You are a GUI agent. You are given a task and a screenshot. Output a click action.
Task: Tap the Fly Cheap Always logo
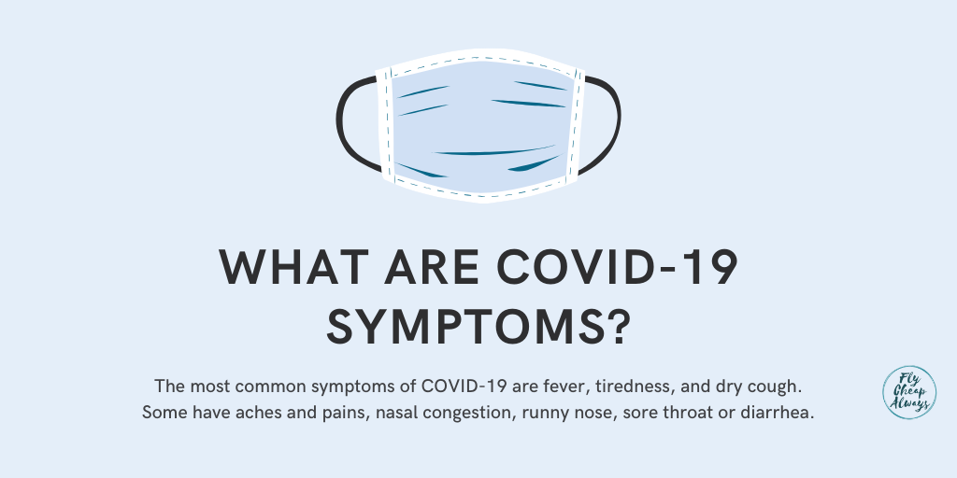tap(908, 392)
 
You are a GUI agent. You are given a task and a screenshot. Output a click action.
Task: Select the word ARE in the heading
tap(432, 267)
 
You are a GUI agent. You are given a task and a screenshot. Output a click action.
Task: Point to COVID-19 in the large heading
tap(617, 267)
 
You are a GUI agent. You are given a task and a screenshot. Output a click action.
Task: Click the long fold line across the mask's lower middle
tap(494, 151)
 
